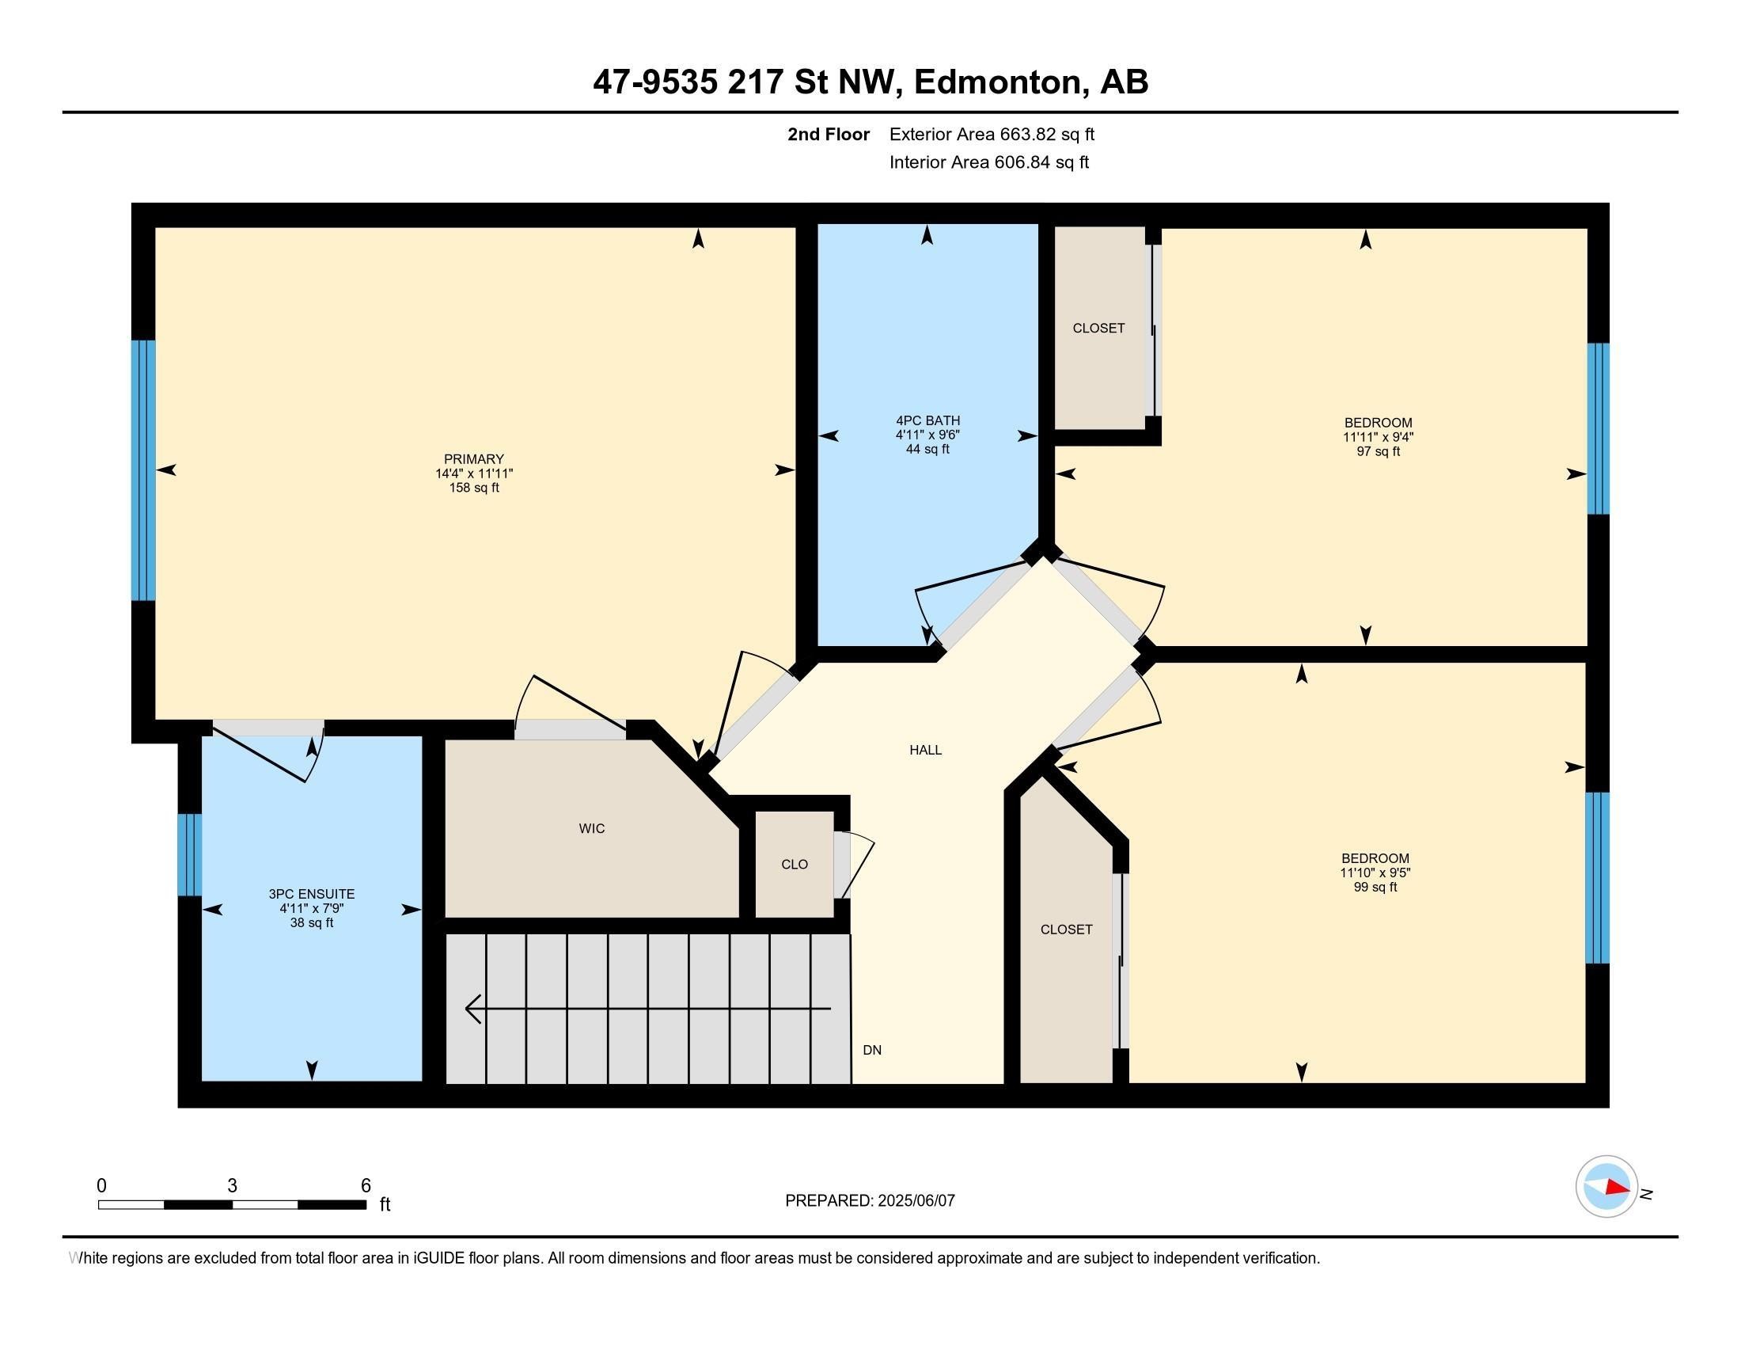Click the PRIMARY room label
473,458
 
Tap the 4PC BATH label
928,420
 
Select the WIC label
591,828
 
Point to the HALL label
926,750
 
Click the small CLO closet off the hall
795,865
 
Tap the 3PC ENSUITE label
312,895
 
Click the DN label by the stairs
872,1050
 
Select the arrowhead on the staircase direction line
472,1009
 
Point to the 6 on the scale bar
366,1186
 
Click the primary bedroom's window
143,470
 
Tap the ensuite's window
190,855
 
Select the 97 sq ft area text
1379,451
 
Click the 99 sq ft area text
1375,887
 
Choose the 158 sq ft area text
473,487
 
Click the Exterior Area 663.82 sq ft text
992,134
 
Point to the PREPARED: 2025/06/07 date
870,1200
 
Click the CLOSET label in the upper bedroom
1098,328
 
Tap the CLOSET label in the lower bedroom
1066,929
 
